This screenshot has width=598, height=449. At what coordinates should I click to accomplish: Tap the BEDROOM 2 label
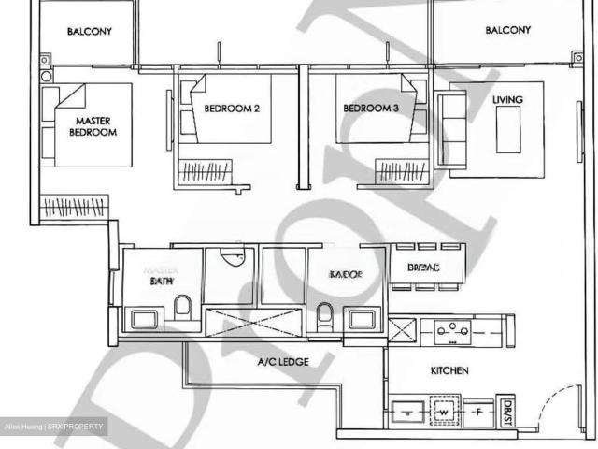231,109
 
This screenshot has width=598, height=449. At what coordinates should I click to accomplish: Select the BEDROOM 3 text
371,109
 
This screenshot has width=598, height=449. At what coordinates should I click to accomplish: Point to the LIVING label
507,99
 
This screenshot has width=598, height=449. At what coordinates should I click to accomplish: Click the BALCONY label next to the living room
507,30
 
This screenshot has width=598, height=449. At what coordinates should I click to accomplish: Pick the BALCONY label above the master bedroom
90,31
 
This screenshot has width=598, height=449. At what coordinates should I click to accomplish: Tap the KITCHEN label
449,371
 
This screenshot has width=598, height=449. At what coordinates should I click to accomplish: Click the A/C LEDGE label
283,362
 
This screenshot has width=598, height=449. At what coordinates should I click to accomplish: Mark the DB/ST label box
508,407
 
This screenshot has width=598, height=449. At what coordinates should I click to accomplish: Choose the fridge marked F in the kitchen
478,410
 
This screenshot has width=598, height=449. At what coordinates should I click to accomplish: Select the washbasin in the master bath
146,320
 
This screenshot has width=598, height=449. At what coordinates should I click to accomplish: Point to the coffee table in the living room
508,129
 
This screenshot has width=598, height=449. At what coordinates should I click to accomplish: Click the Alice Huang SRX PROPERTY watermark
54,427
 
